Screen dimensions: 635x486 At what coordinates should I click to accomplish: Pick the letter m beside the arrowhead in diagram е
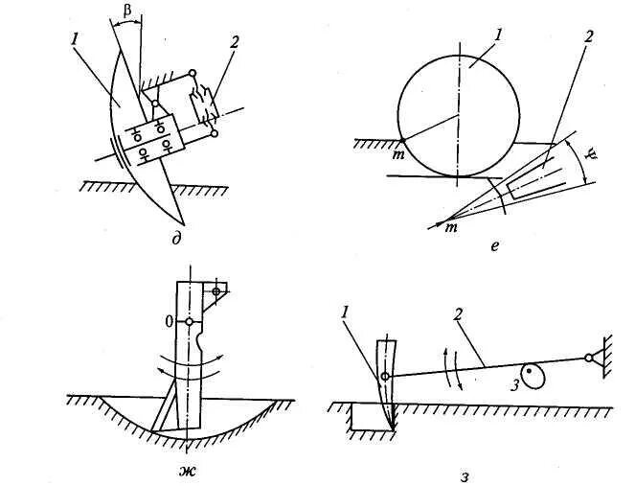446,227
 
